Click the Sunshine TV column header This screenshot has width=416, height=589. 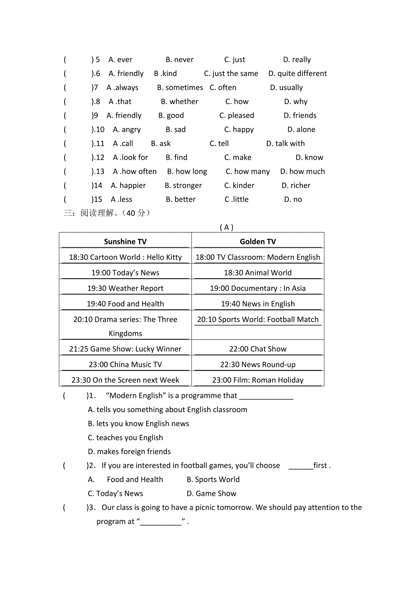click(x=125, y=242)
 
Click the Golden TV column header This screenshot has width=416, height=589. click(x=258, y=242)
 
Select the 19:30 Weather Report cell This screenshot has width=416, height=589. click(x=125, y=288)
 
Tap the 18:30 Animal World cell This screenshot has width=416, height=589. click(x=258, y=273)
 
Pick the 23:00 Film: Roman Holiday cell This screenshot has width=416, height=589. click(x=258, y=380)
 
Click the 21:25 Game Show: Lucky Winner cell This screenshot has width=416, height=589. click(x=125, y=349)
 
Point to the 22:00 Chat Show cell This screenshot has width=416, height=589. click(x=258, y=349)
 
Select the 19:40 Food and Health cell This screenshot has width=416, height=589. click(x=125, y=304)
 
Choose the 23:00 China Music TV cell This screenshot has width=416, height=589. click(x=125, y=365)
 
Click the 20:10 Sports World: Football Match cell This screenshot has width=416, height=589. click(x=258, y=319)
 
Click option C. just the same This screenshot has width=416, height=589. click(x=231, y=74)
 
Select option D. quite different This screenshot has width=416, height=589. click(x=298, y=74)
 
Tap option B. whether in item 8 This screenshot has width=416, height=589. click(x=180, y=102)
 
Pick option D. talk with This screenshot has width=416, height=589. click(x=285, y=144)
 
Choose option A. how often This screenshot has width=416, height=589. click(x=135, y=171)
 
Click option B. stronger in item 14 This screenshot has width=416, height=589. click(x=183, y=185)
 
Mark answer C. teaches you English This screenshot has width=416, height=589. click(x=125, y=437)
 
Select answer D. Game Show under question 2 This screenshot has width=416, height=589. click(x=212, y=494)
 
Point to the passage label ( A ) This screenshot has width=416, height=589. click(x=227, y=228)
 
